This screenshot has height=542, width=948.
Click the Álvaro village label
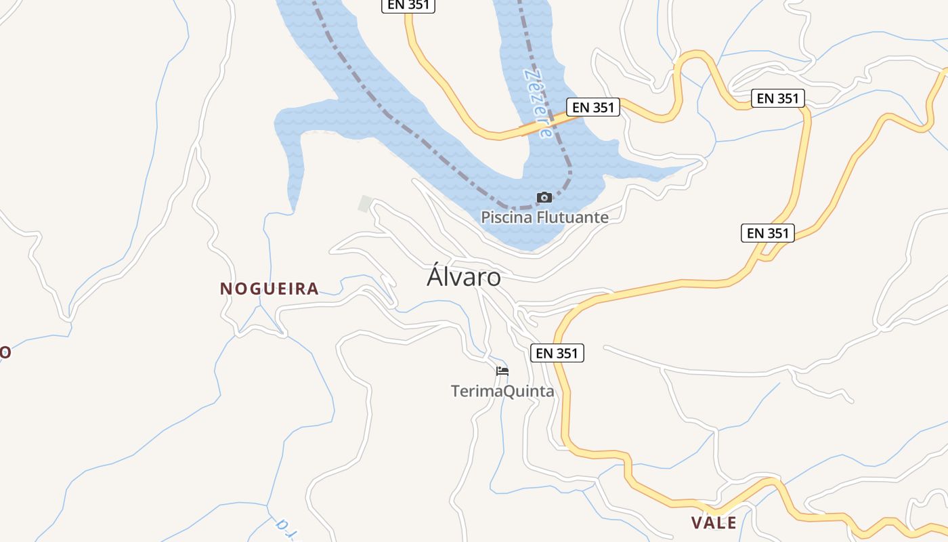click(464, 277)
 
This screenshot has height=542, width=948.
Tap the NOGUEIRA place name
click(270, 289)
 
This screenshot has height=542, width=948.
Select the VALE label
click(714, 522)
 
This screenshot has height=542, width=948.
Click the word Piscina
click(507, 217)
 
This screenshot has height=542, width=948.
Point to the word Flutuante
click(572, 217)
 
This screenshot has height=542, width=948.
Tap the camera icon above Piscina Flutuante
click(544, 198)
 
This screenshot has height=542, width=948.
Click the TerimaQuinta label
click(502, 391)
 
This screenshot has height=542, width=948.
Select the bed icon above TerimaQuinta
click(502, 371)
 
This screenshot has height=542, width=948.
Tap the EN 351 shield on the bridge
click(593, 107)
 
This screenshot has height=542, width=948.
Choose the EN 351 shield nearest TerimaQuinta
click(557, 353)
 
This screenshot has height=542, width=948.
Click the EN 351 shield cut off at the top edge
click(408, 5)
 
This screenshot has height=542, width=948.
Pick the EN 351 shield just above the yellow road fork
click(767, 233)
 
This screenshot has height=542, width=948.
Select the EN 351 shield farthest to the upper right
click(778, 98)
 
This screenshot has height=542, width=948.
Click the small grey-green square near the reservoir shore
click(366, 203)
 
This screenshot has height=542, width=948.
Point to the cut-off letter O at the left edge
click(5, 352)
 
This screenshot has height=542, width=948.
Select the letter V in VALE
click(697, 522)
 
